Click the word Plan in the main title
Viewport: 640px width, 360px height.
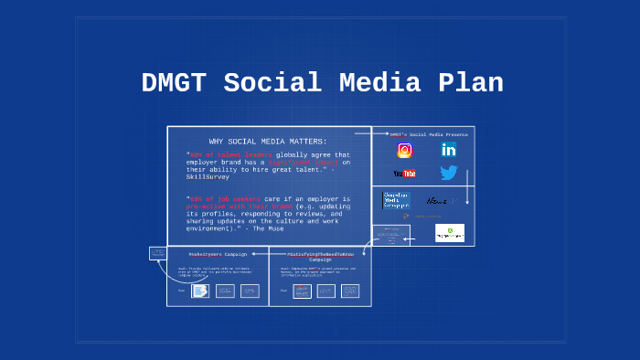point(468,83)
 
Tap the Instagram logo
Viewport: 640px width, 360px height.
point(404,151)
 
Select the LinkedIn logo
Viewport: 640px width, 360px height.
point(448,150)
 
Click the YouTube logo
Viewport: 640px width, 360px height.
point(404,173)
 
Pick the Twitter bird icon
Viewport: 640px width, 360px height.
point(448,173)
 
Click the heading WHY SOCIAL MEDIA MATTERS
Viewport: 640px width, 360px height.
point(267,142)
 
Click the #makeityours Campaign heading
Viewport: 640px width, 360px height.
point(218,254)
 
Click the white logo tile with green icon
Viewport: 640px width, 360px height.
point(449,233)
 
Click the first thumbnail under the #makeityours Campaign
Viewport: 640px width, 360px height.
point(199,291)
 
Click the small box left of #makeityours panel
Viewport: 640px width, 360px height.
point(156,253)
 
